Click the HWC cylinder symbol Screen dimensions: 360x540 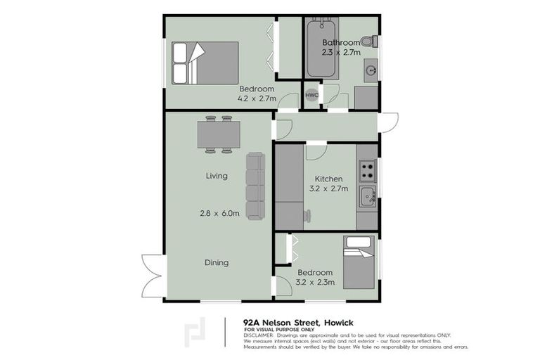[x=311, y=96]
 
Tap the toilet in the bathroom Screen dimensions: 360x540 [x=366, y=41]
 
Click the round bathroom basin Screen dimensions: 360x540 [x=370, y=70]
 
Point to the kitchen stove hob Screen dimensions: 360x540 [x=367, y=169]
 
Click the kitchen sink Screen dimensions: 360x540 [x=366, y=197]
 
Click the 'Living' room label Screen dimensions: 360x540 [x=217, y=176]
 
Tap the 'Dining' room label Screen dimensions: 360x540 [x=217, y=263]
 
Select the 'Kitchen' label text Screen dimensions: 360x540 [x=328, y=179]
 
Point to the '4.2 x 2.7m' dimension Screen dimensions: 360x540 [x=257, y=98]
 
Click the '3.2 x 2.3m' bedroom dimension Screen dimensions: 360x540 [x=314, y=283]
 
